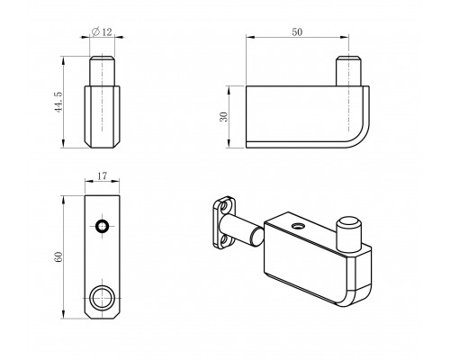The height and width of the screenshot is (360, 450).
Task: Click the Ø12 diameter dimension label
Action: tap(102, 31)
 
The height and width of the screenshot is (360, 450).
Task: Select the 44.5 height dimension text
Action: tap(58, 102)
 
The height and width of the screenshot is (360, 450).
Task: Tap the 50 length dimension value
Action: tap(297, 31)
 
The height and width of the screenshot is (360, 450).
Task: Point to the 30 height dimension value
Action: tap(224, 117)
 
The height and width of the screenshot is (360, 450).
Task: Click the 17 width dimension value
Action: tap(102, 175)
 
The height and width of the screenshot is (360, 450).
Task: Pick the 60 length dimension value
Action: tap(58, 257)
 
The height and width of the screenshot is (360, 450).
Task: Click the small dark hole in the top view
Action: tap(102, 226)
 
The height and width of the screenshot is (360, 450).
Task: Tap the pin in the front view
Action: tap(102, 71)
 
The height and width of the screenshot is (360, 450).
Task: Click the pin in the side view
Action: tap(348, 71)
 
